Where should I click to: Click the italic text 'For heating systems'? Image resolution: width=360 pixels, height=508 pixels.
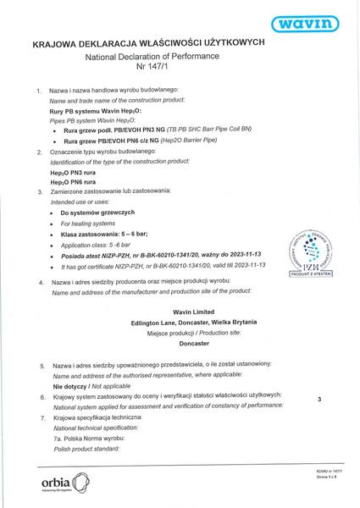[90, 222]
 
